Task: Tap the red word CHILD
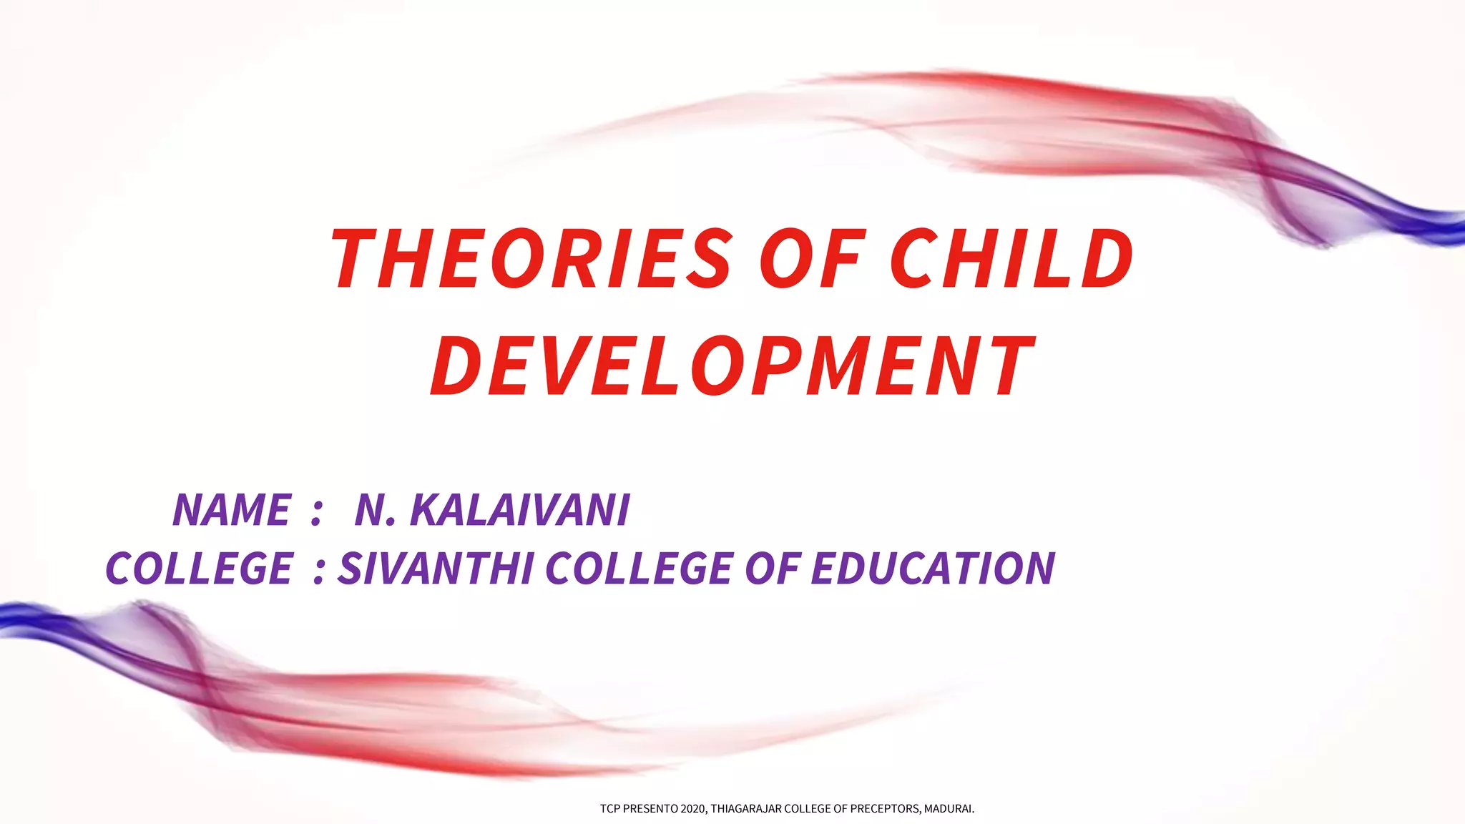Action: pos(1011,258)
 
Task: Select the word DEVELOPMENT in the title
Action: pos(732,366)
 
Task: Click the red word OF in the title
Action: pos(811,258)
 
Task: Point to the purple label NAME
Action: pos(232,510)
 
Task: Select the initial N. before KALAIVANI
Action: pos(375,510)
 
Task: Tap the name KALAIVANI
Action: pos(520,510)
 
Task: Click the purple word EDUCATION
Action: pos(933,569)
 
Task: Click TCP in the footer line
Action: pos(609,809)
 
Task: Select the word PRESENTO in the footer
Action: pos(651,809)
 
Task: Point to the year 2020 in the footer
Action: pos(694,809)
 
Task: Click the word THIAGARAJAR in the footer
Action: pos(746,809)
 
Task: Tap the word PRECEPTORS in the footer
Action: pos(885,809)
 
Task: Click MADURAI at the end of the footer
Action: pos(949,809)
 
